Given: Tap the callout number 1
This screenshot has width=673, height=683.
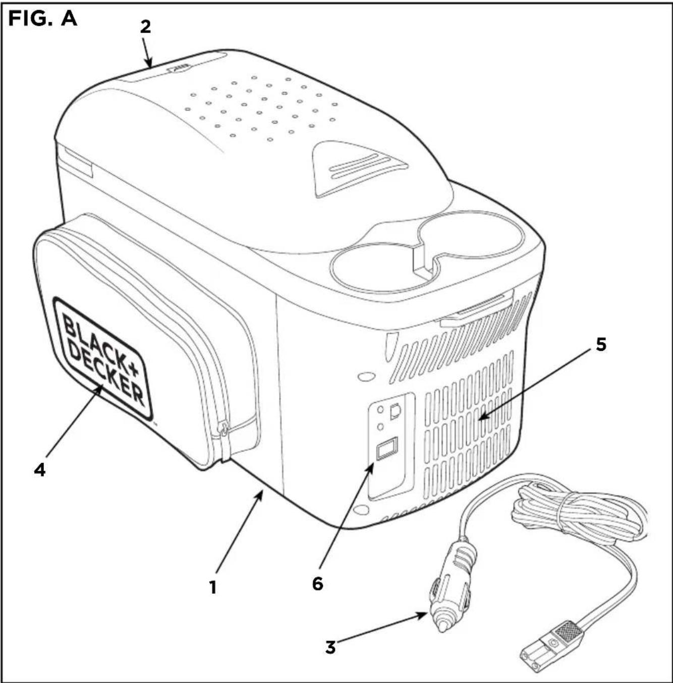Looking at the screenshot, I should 213,587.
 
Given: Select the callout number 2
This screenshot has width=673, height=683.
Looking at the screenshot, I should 145,26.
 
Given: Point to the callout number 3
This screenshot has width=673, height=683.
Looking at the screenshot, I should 330,647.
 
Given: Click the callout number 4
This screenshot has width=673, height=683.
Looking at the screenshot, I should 39,469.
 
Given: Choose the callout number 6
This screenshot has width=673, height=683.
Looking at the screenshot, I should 317,584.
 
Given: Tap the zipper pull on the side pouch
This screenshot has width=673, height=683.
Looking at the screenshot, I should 222,431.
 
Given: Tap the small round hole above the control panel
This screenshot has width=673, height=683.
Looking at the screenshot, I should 365,377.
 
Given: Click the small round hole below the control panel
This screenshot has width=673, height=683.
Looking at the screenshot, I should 361,510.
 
